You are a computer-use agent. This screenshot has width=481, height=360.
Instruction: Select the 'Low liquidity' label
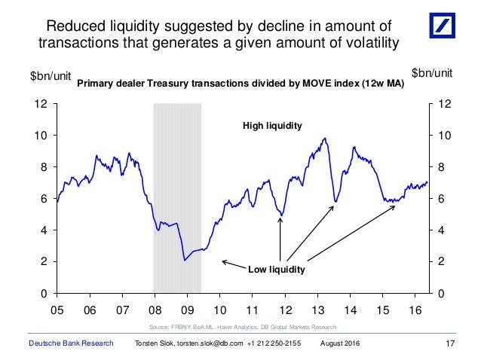coord(277,267)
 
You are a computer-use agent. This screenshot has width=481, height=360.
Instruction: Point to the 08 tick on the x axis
coord(154,310)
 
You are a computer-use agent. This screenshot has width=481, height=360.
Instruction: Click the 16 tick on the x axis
coord(414,310)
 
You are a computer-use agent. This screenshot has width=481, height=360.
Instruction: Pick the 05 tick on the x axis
coord(57,310)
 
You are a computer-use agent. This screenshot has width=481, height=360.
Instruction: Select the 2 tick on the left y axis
coord(47,261)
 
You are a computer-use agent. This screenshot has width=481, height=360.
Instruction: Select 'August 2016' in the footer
coord(340,343)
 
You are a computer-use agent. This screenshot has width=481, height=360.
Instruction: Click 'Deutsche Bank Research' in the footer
coord(66,343)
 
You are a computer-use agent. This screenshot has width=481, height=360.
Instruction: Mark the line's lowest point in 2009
coord(185,261)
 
